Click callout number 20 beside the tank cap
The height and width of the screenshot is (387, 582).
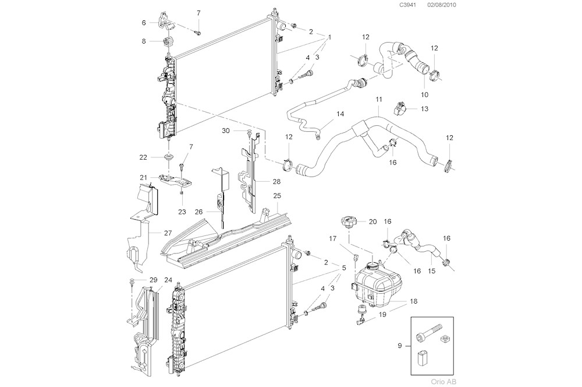pyautogui.click(x=373, y=221)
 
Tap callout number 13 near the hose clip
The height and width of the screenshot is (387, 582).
pyautogui.click(x=424, y=108)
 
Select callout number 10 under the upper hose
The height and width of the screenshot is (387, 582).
pyautogui.click(x=424, y=94)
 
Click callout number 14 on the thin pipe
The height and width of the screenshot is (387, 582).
pyautogui.click(x=340, y=114)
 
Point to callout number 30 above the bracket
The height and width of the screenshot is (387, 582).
pyautogui.click(x=226, y=131)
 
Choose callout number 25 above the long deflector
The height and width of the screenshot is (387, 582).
pyautogui.click(x=277, y=196)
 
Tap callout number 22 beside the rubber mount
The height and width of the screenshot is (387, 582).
pyautogui.click(x=143, y=157)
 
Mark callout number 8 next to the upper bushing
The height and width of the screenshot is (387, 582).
pyautogui.click(x=143, y=41)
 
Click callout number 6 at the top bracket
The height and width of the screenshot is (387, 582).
pyautogui.click(x=143, y=23)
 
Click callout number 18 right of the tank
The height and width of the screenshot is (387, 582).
pyautogui.click(x=413, y=301)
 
